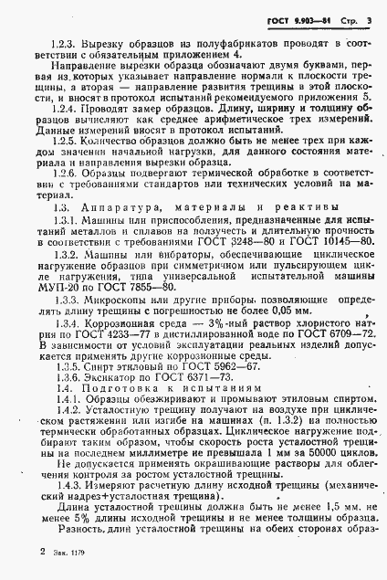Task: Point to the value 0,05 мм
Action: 278,313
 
